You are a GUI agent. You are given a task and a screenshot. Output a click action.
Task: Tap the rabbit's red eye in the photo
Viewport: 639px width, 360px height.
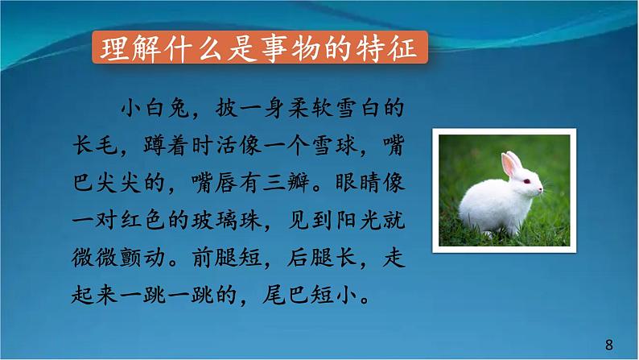coord(527,182)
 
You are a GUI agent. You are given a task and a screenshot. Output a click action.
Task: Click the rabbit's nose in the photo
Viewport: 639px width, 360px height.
coord(540,191)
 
